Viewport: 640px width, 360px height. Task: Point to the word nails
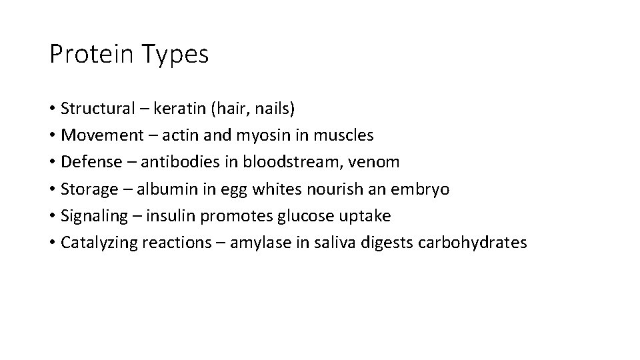click(x=272, y=108)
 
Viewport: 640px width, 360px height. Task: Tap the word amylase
click(x=258, y=243)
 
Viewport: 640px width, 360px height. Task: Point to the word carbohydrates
click(x=472, y=243)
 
